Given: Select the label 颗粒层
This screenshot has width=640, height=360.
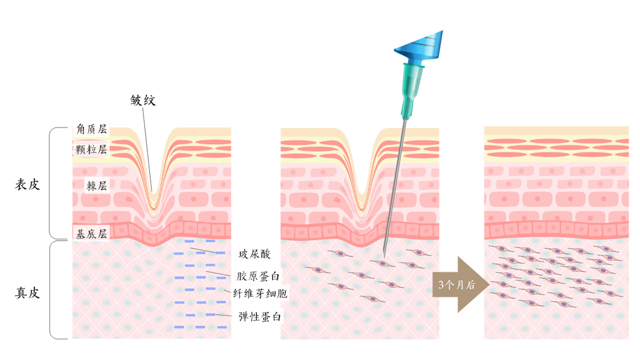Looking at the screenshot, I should point(91,150).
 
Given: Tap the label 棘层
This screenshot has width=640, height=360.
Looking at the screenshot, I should point(97,186).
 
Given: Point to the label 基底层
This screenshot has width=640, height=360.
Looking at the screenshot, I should point(91,234).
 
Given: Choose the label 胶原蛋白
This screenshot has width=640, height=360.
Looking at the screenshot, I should point(258,276).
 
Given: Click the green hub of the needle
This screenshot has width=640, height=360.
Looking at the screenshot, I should point(411,86).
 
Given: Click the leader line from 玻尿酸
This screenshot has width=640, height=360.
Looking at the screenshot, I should point(215,251).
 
